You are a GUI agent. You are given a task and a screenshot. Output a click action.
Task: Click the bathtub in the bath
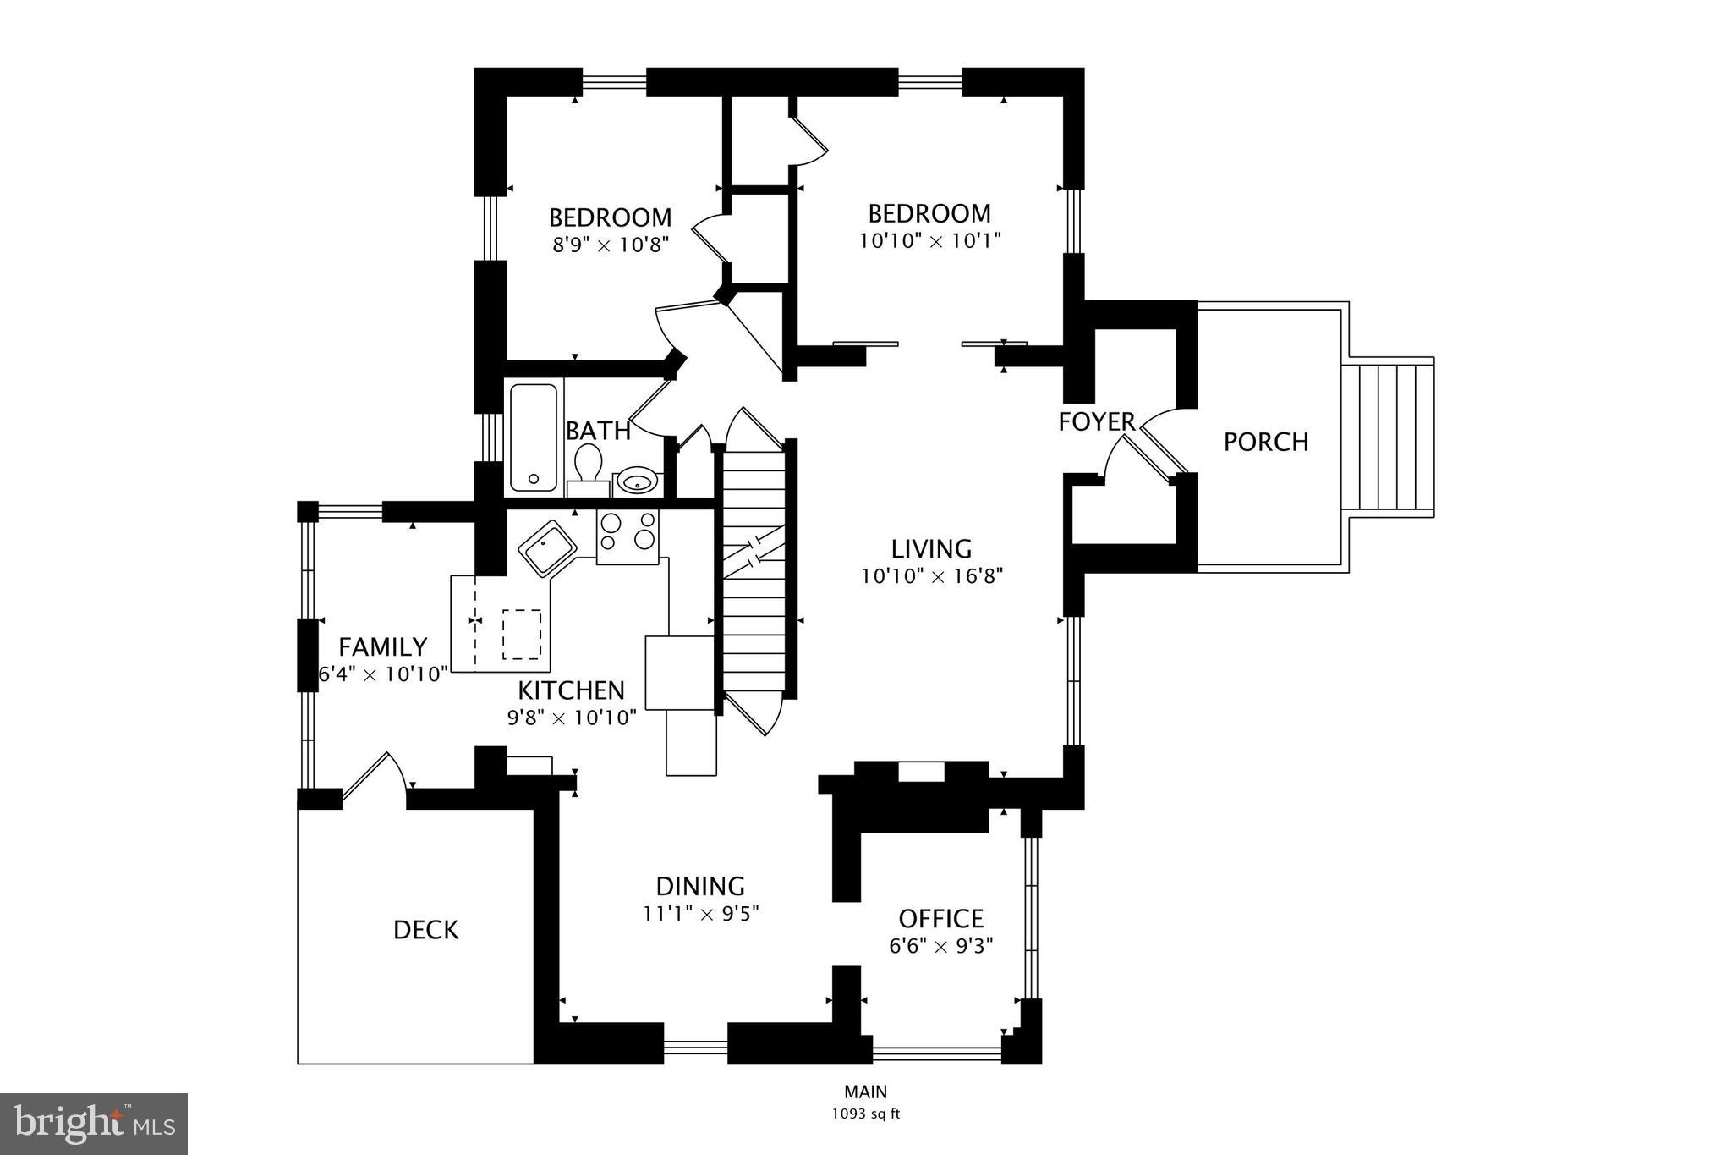tap(533, 437)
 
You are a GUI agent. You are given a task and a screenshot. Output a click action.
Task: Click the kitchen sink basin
tap(546, 548)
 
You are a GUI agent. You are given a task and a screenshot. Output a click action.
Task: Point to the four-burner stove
tap(627, 536)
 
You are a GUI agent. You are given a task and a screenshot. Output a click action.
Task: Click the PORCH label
tap(1265, 442)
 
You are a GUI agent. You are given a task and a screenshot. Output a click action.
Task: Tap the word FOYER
tap(1096, 421)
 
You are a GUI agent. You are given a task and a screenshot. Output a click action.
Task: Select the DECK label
tap(425, 930)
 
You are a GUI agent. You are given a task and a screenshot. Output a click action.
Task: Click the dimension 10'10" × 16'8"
tap(932, 577)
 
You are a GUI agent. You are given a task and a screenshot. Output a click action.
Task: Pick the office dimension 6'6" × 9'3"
tap(940, 946)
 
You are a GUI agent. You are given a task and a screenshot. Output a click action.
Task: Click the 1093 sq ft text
tap(865, 1114)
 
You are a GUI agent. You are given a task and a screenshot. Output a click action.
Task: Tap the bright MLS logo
tap(93, 1123)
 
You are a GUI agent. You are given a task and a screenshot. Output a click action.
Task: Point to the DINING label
tap(700, 886)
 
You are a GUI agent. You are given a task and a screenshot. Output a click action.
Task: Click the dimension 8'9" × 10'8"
tap(610, 245)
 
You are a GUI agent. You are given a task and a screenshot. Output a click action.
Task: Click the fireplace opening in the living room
tap(921, 771)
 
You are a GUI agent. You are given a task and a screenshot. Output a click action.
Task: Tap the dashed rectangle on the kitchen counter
tap(522, 634)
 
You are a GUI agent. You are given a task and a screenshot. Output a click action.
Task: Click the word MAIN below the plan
tap(865, 1092)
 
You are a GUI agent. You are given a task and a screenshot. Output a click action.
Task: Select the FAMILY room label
tap(382, 647)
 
